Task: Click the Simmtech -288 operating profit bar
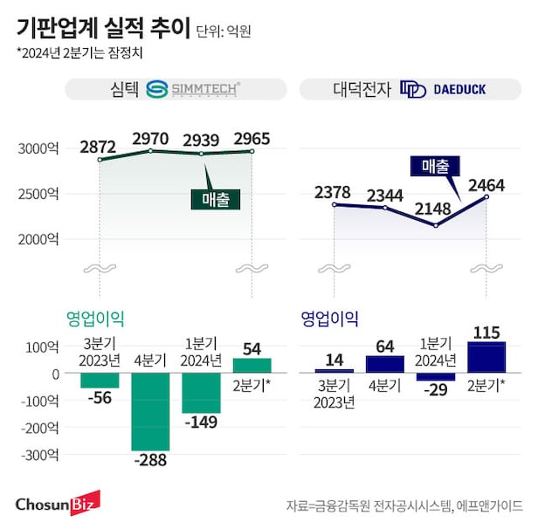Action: pos(150,412)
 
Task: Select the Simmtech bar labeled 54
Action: pos(252,366)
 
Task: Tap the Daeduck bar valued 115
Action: pos(486,357)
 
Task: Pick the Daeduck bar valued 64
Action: pos(384,364)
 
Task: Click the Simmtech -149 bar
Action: pos(202,394)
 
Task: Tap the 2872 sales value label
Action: pos(99,147)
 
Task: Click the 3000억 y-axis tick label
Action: pos(38,149)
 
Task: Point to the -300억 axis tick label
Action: pos(38,456)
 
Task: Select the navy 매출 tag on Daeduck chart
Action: pos(434,165)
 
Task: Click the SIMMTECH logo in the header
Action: pos(193,89)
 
